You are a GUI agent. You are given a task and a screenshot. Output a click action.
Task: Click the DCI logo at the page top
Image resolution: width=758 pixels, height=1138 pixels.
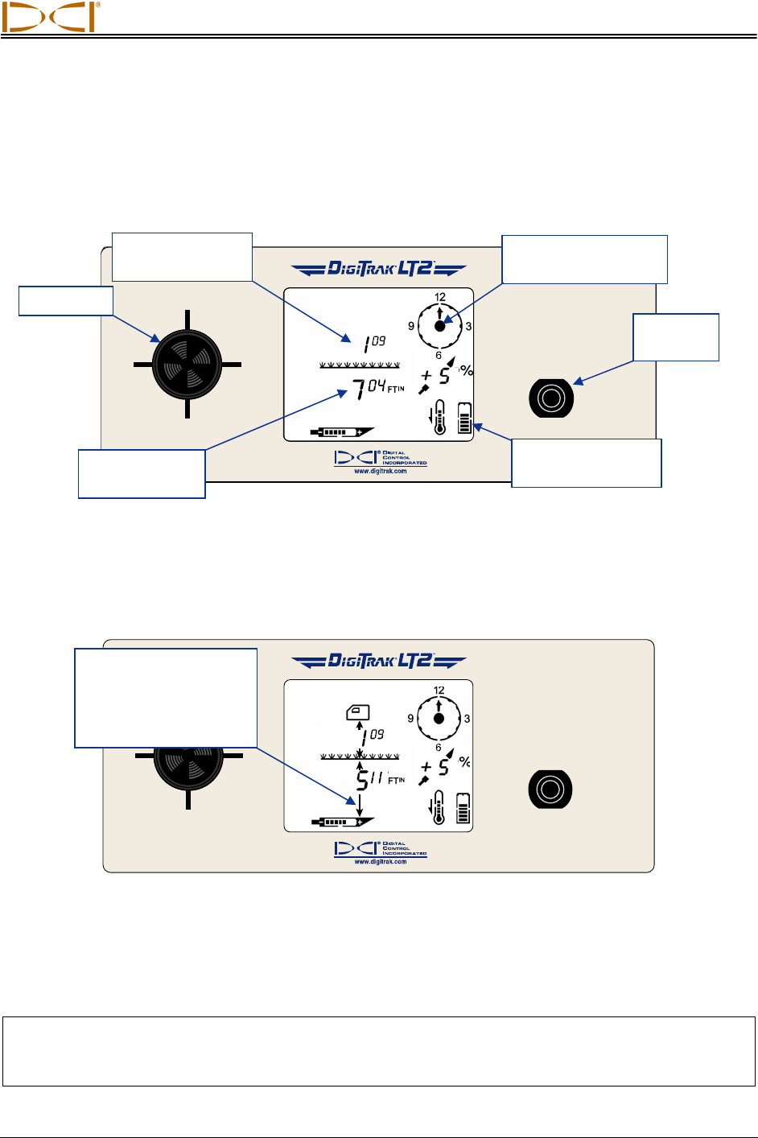click(x=50, y=17)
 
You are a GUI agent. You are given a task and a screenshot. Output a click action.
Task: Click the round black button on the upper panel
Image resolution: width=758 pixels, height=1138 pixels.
click(x=551, y=398)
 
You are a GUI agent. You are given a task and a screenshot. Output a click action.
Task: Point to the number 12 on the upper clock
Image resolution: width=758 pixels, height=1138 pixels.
click(x=440, y=297)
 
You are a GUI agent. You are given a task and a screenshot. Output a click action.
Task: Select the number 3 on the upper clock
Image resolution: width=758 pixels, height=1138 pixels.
click(x=468, y=326)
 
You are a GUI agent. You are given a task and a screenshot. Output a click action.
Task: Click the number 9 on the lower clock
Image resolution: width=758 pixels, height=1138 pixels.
click(x=410, y=719)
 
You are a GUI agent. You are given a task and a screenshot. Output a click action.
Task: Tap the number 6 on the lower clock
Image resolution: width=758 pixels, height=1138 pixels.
click(x=439, y=748)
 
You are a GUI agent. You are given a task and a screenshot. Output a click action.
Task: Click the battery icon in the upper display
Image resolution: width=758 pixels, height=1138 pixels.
click(x=464, y=417)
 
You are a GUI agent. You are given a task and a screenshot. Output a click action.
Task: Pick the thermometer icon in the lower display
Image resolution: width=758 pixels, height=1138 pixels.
click(x=439, y=807)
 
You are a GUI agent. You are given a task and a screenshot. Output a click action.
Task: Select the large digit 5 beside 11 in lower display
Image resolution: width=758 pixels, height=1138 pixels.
click(x=362, y=780)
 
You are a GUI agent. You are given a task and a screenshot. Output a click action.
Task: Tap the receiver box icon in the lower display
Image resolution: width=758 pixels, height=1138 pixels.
click(x=358, y=711)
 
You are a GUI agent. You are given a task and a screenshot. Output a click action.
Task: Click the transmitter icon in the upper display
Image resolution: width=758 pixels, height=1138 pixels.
click(x=343, y=432)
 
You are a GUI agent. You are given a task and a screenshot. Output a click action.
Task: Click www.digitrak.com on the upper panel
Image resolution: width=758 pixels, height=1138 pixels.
click(x=381, y=472)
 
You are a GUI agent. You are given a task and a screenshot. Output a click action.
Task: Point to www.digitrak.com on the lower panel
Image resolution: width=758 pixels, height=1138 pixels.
click(x=381, y=861)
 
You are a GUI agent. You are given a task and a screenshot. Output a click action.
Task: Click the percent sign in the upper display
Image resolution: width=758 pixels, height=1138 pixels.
click(x=466, y=371)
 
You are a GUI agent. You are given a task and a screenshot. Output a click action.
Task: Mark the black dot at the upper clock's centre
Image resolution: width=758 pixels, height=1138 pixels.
click(x=440, y=326)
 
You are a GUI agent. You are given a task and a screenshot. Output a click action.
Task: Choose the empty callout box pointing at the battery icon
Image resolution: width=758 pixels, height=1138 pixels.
click(x=587, y=463)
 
